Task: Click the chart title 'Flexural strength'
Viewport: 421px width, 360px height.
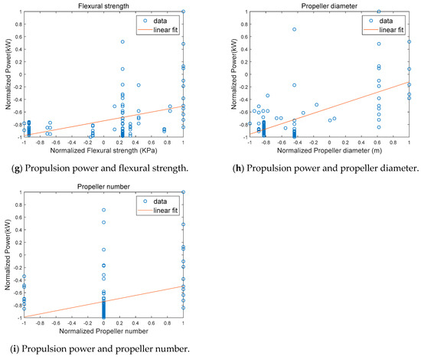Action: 103,6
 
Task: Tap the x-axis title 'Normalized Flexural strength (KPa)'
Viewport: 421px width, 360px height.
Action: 103,149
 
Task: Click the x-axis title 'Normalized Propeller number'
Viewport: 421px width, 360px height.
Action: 103,330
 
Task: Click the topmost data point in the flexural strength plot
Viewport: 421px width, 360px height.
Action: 183,11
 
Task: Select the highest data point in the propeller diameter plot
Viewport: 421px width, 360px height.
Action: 378,11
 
